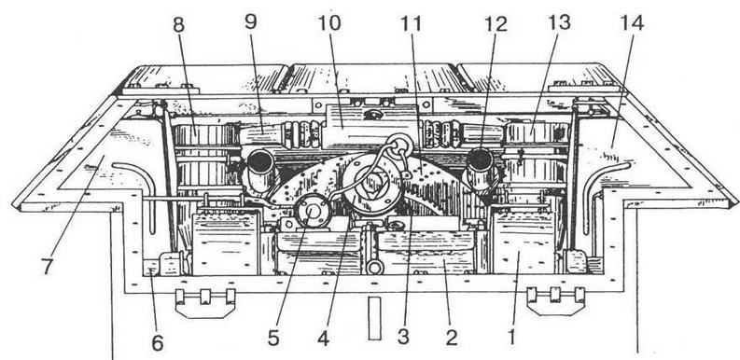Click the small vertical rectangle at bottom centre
coord(375,318)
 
